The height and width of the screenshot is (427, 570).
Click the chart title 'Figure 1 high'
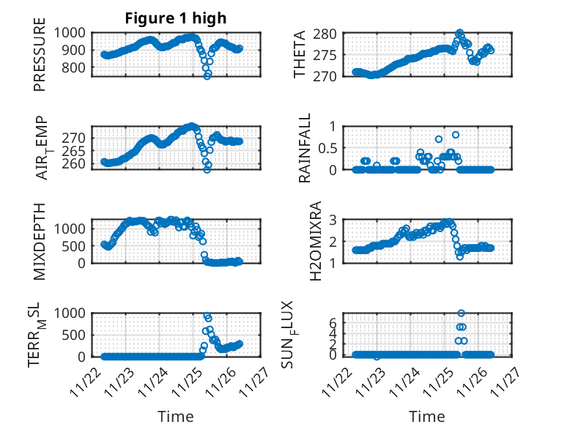(176, 18)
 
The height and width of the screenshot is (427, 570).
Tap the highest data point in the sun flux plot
(461, 313)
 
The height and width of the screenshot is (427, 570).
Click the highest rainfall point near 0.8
(456, 135)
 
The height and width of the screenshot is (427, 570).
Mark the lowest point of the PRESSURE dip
(207, 75)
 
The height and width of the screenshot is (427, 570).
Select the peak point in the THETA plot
(459, 33)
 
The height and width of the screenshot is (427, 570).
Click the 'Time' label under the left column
(176, 417)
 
